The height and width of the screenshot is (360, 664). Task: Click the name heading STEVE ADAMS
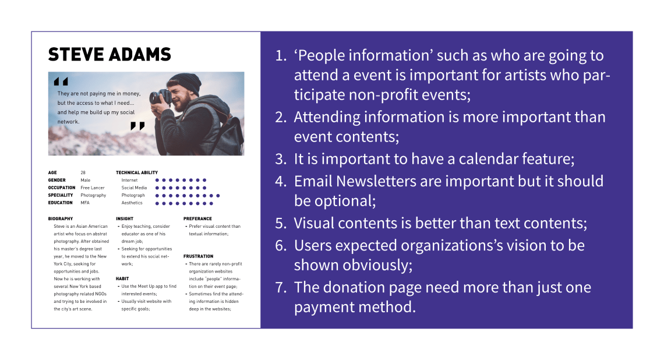coord(110,55)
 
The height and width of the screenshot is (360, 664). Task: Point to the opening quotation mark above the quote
coord(61,82)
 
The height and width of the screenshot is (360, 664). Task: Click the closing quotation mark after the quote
coord(137,126)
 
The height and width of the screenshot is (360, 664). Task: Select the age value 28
coord(83,173)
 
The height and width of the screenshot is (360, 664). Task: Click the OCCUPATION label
coord(62,188)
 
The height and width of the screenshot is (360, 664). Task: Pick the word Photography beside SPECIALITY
coord(93,195)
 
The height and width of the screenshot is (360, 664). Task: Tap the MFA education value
coord(85,203)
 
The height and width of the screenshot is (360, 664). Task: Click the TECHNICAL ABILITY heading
coord(137,173)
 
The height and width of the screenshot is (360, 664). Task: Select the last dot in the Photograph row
coord(218,196)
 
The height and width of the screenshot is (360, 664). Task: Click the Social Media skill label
coord(134,188)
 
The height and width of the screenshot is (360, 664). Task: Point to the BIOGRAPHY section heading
coord(61,219)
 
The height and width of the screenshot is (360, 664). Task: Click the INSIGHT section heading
coord(125,219)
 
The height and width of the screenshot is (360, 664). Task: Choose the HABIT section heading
coord(122,279)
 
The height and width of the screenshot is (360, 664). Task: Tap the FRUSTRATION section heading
coord(198,257)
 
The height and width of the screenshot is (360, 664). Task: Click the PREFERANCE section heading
coord(198,219)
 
